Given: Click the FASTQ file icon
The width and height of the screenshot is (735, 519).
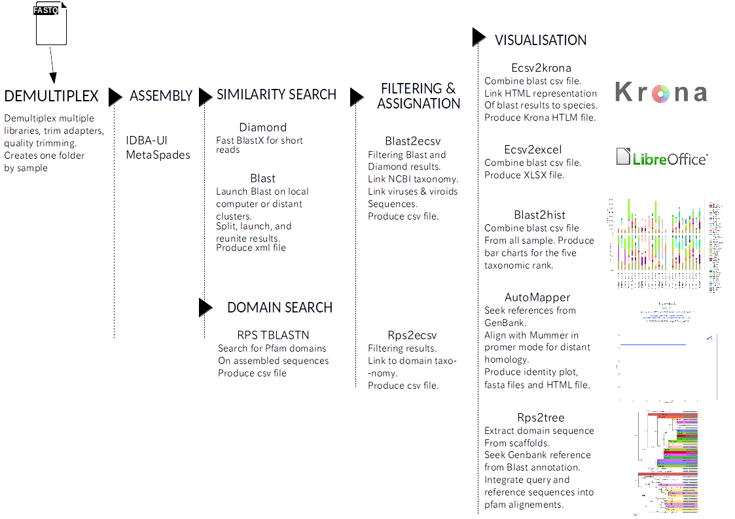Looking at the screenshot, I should pos(51,25).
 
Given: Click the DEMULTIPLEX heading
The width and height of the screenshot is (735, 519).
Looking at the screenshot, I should pos(51,96).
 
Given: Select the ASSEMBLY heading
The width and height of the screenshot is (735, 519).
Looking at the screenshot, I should pos(161,96).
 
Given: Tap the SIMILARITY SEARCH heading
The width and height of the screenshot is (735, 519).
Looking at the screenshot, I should pos(276,95).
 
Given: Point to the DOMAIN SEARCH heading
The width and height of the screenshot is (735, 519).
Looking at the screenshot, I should pos(279,307).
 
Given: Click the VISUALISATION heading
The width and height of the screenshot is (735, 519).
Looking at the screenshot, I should pos(540,40).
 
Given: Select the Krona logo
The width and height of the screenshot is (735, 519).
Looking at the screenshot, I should pos(661,93).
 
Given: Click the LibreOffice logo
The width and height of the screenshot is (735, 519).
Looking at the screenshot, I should pos(662,158).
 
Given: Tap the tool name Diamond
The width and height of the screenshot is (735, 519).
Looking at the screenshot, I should pos(263,127).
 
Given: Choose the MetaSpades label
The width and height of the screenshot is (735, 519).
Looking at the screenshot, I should pos(158,155).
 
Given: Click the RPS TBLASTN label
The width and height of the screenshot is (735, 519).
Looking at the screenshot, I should pos(273,335).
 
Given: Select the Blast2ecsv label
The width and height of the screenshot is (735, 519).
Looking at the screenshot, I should pos(412,141).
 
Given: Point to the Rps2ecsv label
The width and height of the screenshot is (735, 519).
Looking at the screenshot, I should pos(411,335).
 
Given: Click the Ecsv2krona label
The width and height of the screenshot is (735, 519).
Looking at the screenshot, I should pos(541,68).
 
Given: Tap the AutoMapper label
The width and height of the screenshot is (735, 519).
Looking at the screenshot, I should pos(537,297).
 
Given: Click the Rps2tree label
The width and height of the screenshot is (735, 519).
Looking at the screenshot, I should pos(540,418).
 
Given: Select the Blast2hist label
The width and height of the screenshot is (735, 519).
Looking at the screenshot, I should pos(540,215).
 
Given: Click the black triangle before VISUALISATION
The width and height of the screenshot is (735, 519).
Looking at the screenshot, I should pos(479,37).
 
